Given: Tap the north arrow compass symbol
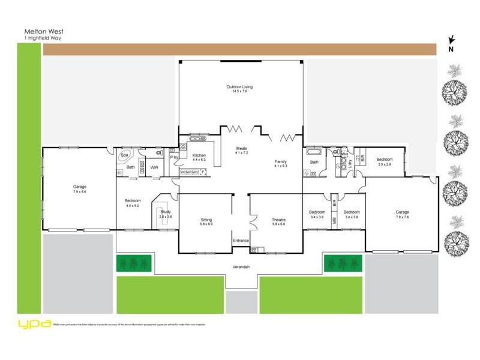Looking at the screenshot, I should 451,43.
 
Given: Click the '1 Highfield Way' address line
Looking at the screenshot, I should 43,38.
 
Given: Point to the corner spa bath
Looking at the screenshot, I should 125,155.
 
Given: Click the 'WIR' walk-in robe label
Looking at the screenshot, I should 154,167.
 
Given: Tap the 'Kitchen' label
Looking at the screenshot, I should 199,155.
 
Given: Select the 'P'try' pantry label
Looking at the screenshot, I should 173,157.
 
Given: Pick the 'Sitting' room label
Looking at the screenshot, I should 206,220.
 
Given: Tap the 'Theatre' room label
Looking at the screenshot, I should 278,220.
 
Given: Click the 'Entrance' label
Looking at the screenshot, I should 241,241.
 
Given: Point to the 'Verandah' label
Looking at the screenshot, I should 241,266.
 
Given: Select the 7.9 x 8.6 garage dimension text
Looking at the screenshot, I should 80,191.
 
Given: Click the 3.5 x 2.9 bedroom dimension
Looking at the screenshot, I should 385,164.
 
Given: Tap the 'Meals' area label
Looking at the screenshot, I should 241,149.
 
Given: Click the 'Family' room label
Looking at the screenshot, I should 281,161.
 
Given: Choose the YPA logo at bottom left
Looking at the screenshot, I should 34,323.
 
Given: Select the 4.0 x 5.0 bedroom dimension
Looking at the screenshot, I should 133,206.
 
